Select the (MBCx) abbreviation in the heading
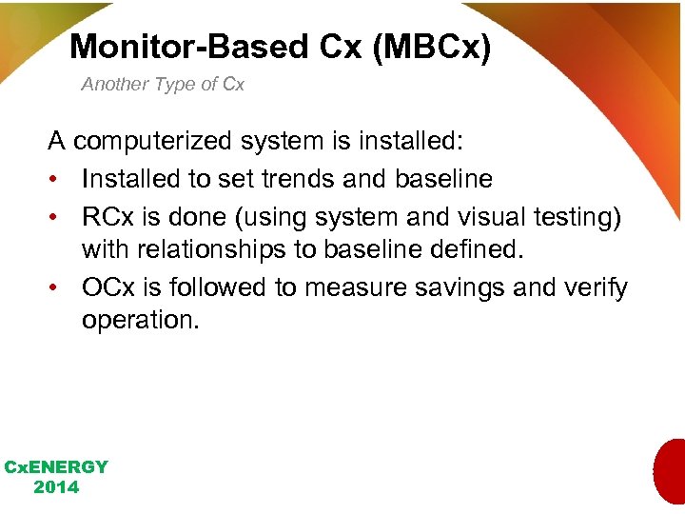432,47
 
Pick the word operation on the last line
141,320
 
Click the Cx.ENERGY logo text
56,467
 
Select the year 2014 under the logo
56,487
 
